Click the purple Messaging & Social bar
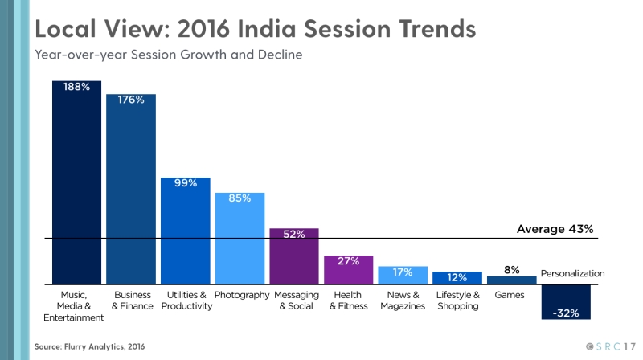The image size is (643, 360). click(x=294, y=256)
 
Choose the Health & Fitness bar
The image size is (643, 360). click(x=348, y=270)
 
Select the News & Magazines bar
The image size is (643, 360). click(x=403, y=275)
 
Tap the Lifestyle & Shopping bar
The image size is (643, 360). click(x=457, y=278)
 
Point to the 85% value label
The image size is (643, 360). click(x=240, y=198)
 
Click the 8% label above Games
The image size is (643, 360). click(x=512, y=270)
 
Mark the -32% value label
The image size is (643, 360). click(x=566, y=313)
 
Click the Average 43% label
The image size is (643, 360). click(x=555, y=229)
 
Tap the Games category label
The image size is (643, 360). click(x=510, y=295)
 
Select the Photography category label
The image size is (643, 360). click(x=242, y=295)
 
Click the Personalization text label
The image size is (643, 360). click(x=572, y=274)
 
